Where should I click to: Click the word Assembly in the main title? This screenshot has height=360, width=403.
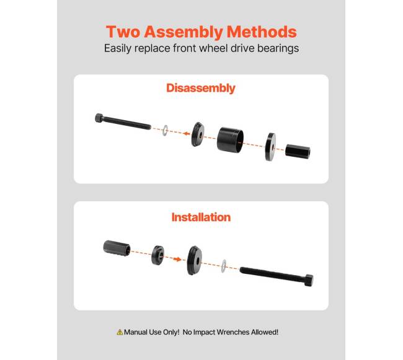184,32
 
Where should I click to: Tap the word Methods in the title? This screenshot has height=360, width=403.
262,32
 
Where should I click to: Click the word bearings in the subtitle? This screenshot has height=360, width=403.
278,48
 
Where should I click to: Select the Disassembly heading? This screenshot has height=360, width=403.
201,88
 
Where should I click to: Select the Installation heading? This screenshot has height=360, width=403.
201,217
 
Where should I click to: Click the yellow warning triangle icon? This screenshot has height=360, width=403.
120,332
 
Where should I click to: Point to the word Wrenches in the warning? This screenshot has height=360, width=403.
233,332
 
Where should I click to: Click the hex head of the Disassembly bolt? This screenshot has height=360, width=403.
99,118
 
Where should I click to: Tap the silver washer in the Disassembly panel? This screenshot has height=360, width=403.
165,130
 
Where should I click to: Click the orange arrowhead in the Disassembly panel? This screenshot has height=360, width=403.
187,133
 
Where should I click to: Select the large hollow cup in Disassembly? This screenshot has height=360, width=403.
230,139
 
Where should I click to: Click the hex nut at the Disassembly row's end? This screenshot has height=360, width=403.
298,152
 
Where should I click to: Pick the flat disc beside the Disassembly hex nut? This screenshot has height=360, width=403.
271,147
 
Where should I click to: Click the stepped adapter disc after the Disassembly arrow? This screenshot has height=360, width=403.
198,134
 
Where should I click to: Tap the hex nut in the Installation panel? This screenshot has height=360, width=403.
117,248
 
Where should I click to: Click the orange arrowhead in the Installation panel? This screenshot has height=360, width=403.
177,259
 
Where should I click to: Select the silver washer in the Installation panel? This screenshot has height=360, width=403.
224,266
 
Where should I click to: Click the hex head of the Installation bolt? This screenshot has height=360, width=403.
309,281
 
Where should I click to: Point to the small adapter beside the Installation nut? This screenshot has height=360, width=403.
158,255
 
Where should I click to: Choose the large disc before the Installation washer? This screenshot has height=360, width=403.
195,260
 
